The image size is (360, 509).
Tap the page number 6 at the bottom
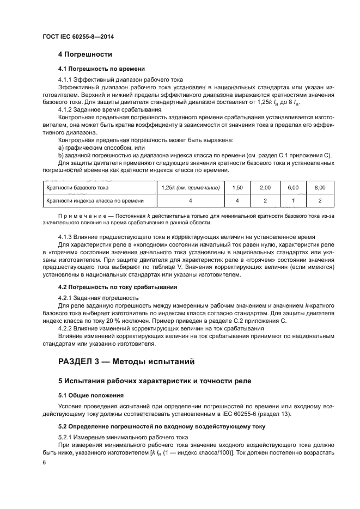coord(44,462)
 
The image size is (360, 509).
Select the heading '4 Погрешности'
coord(85,54)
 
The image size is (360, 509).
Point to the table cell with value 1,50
coord(237,187)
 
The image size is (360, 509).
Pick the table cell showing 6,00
coord(293,187)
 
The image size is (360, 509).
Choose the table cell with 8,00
coord(320,187)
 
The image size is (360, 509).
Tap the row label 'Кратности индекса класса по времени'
coord(95,201)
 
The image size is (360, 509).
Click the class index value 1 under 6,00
coord(293,201)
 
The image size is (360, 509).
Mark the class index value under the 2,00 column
coord(265,201)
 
